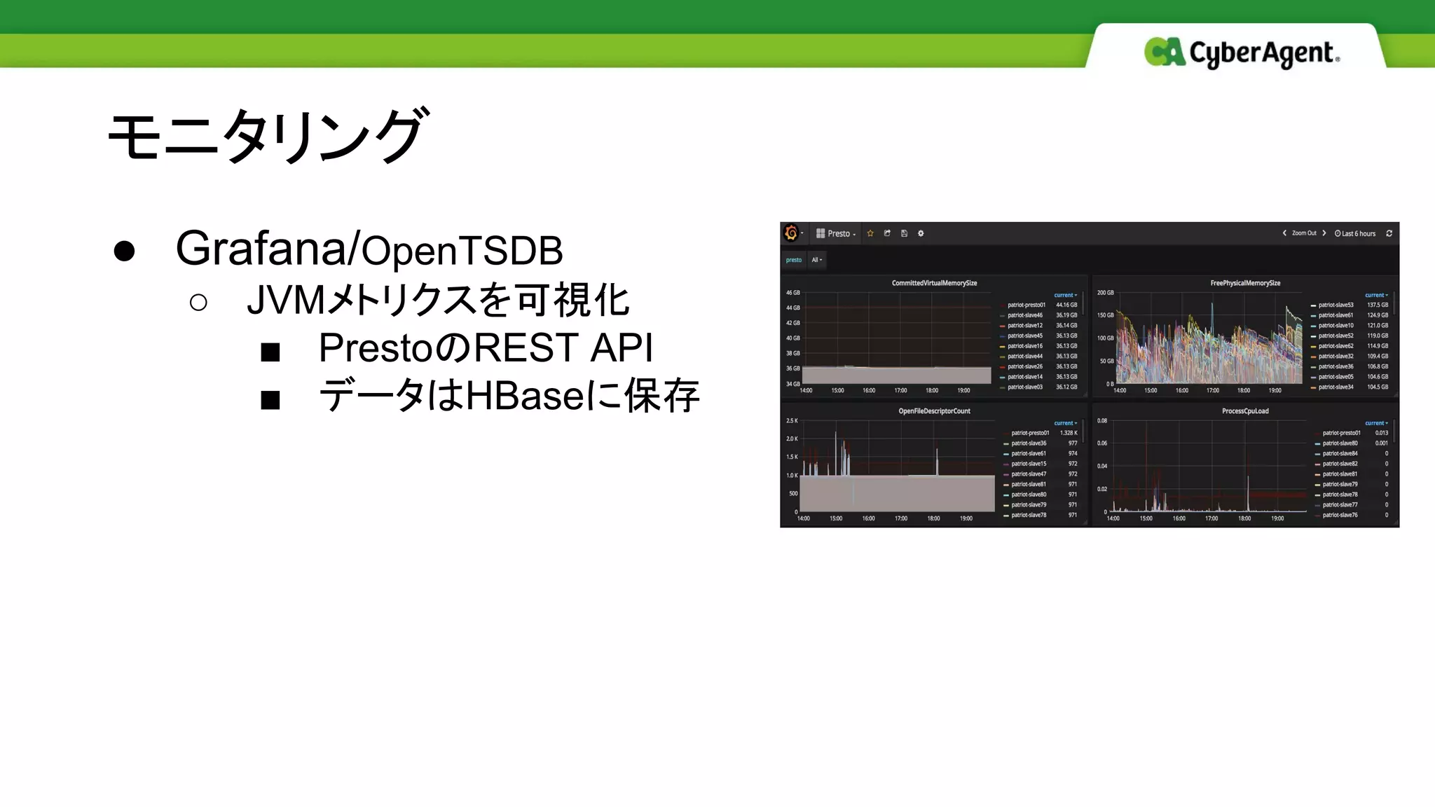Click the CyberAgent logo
1242,53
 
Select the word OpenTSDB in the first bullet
462,251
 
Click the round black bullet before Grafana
124,251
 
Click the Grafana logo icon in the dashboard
792,233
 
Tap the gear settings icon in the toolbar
921,233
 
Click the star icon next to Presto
870,233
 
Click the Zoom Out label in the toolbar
1304,233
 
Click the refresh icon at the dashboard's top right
1389,233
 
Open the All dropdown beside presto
816,260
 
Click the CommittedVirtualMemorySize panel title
934,283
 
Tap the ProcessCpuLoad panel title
1245,411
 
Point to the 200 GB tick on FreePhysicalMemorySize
1105,293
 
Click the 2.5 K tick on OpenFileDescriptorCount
792,421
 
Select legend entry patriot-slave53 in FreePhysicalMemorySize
1336,305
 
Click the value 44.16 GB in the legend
1066,305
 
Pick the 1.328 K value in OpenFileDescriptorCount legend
1069,433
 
